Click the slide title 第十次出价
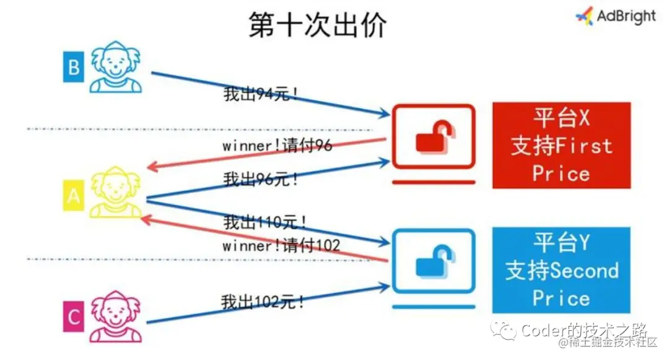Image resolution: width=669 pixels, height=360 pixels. [x=318, y=26]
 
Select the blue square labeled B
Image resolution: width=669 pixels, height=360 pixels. [x=73, y=67]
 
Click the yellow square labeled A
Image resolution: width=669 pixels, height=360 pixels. [x=73, y=196]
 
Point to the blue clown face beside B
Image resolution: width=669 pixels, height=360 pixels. [x=116, y=67]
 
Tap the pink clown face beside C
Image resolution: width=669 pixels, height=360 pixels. [x=116, y=317]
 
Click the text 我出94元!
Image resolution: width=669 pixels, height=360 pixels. [x=261, y=95]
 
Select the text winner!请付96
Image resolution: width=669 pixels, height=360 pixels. [x=277, y=146]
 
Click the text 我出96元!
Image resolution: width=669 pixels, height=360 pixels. [x=261, y=180]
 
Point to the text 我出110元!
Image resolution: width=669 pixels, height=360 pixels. [x=265, y=221]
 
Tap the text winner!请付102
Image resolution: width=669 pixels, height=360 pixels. [x=281, y=245]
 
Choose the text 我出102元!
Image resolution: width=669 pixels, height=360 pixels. [x=263, y=302]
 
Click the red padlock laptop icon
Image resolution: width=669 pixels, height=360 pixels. [x=433, y=143]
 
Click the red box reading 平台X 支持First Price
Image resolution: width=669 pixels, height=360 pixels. [x=561, y=145]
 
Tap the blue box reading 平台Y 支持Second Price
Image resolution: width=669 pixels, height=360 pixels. [x=561, y=270]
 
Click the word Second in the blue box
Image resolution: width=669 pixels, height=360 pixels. [x=584, y=271]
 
